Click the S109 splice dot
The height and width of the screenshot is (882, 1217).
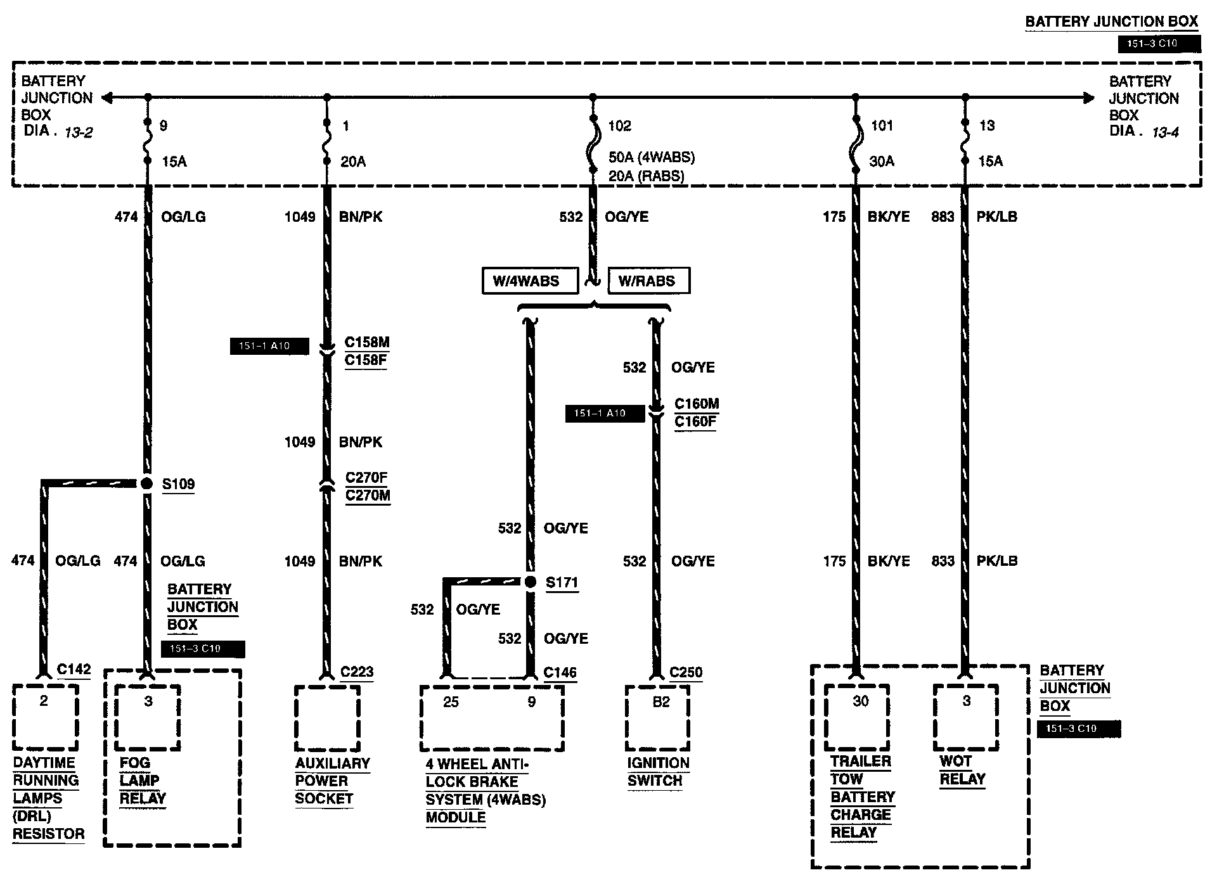pos(147,484)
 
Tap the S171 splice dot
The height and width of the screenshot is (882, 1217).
pos(531,582)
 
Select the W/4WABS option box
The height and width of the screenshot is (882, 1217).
pos(529,281)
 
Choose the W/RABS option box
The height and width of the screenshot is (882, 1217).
pos(648,281)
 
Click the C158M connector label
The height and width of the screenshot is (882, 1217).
pos(366,343)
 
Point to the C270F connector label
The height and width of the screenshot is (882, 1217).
pos(366,477)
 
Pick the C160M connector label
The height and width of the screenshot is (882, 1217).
pos(696,404)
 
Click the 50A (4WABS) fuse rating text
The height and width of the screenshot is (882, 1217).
pos(652,157)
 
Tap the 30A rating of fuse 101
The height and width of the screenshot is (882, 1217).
pos(881,162)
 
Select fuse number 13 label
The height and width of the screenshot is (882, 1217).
pos(987,125)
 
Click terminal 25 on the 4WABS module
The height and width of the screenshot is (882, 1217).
pos(451,702)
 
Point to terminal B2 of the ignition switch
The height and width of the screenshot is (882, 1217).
pos(660,702)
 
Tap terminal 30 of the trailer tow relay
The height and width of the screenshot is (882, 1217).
pos(860,701)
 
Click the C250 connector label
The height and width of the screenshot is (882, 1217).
pos(686,672)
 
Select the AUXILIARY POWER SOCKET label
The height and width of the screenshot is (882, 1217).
pos(332,781)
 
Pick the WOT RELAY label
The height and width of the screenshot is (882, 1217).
pos(962,770)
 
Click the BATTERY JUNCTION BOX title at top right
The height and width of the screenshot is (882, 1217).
pos(1111,22)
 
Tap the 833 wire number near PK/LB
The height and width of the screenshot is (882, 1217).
pos(943,561)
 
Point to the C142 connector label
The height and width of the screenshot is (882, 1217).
pos(74,670)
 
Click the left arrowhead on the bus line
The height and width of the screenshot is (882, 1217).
pos(106,98)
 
